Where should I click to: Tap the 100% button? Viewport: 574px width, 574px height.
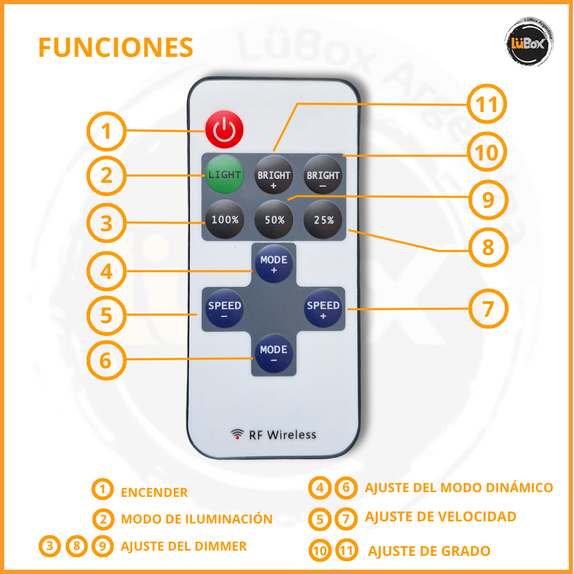coord(224,219)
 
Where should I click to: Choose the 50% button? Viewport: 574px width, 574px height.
coord(274,219)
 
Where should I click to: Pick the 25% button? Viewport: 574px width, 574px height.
coord(323,219)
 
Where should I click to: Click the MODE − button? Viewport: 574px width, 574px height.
coord(274,354)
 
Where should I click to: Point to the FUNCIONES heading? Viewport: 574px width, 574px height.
coord(115,48)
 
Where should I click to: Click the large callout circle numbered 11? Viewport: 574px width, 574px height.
coord(487,105)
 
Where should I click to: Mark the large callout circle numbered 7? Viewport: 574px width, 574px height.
coord(488,309)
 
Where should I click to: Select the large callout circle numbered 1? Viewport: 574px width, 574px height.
coord(107,131)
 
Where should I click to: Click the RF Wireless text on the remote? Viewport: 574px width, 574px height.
coord(282,435)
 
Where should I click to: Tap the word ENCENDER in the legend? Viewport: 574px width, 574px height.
coord(154,492)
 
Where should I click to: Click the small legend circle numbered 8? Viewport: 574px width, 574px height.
coord(77,546)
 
